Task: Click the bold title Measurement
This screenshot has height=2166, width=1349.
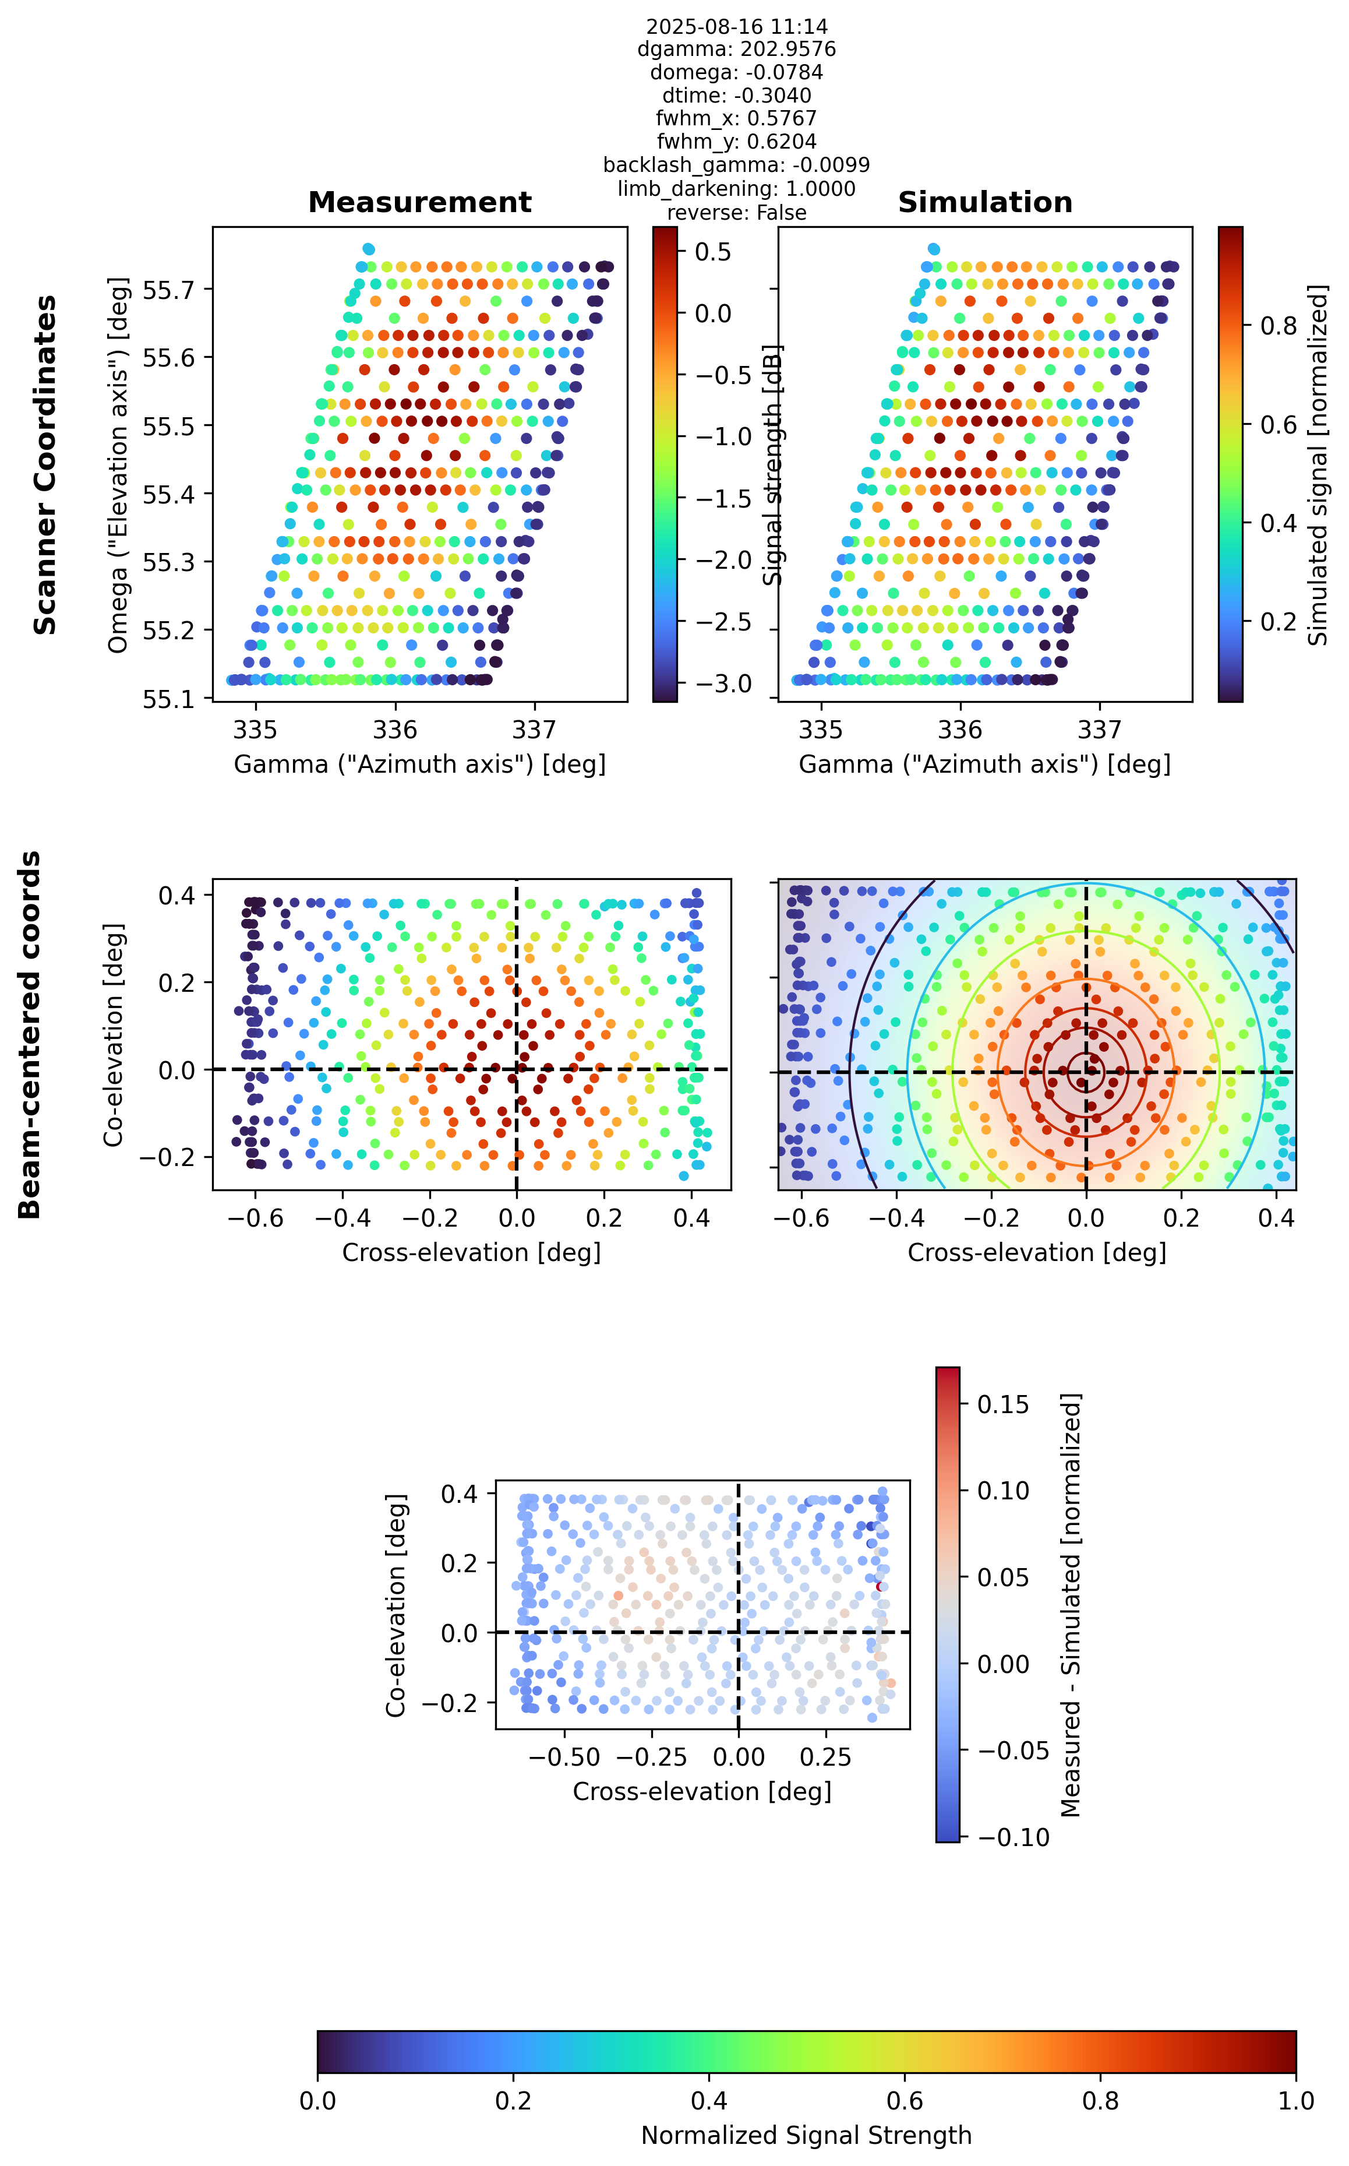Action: coord(419,203)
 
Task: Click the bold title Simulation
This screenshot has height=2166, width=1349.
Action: coord(985,203)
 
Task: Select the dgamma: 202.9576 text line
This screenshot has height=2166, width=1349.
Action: coord(736,49)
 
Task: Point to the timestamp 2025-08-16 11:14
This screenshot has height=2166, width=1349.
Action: coord(736,27)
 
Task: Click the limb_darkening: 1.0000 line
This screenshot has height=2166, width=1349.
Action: coord(736,188)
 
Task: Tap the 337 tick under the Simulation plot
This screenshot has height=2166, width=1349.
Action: coord(1099,730)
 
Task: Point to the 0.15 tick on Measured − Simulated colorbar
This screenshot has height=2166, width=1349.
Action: coord(1003,1404)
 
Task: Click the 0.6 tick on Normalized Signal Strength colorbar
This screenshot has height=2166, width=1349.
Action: coord(905,2101)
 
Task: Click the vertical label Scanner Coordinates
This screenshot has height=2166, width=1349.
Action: coord(45,465)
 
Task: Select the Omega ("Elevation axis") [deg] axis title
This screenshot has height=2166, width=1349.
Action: coord(118,464)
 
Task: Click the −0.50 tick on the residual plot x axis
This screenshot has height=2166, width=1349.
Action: coord(565,1758)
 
